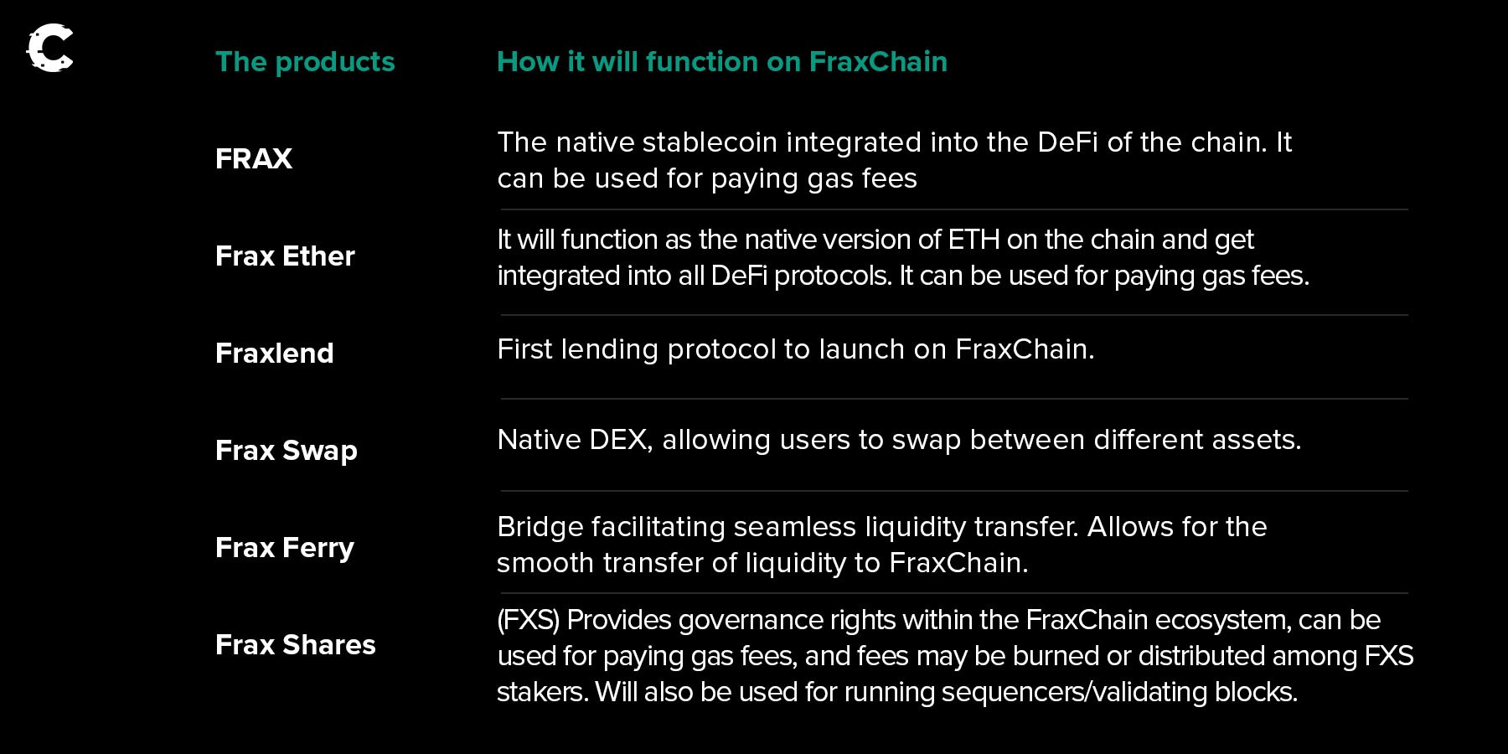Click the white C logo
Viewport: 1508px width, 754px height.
[50, 48]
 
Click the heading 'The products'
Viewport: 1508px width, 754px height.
[305, 61]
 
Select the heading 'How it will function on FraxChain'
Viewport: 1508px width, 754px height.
[722, 61]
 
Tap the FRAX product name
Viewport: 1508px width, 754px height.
[254, 158]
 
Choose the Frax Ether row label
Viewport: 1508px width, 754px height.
[285, 256]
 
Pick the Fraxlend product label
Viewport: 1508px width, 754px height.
[275, 353]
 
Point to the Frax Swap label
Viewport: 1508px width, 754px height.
[287, 451]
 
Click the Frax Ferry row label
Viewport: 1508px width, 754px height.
[285, 548]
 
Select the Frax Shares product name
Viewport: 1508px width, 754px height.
[296, 644]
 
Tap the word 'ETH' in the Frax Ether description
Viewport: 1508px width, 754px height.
[973, 240]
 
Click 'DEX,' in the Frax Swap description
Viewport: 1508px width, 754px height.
[621, 440]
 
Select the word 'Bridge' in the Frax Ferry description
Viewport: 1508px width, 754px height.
[540, 527]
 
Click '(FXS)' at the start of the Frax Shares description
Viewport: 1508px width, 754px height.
[529, 620]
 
